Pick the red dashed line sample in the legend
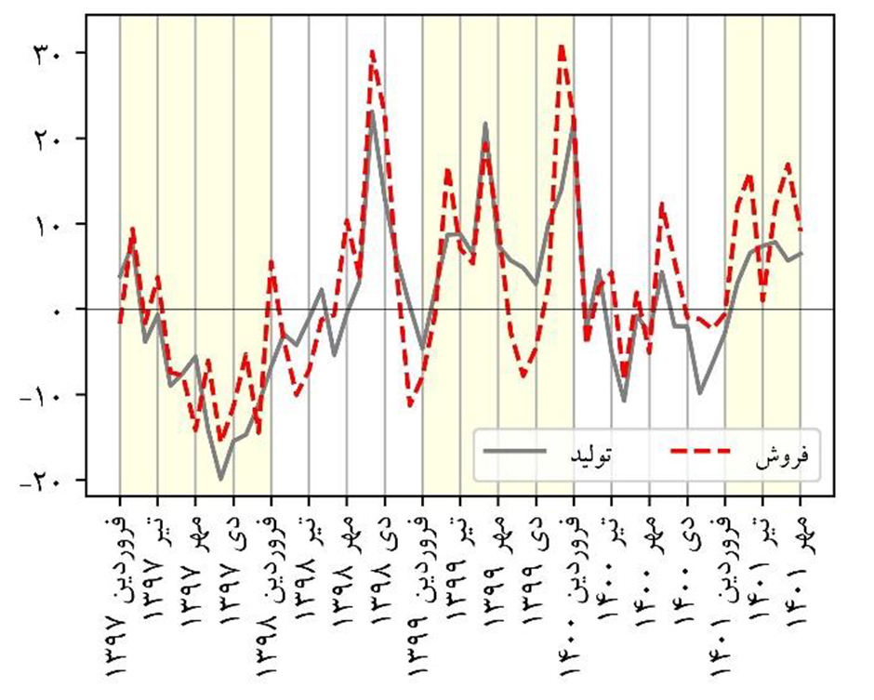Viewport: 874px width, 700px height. pyautogui.click(x=701, y=452)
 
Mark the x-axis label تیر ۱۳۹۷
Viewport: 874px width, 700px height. pyautogui.click(x=157, y=558)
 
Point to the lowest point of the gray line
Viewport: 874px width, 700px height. pyautogui.click(x=220, y=480)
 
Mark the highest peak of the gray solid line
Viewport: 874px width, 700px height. pyautogui.click(x=371, y=112)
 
